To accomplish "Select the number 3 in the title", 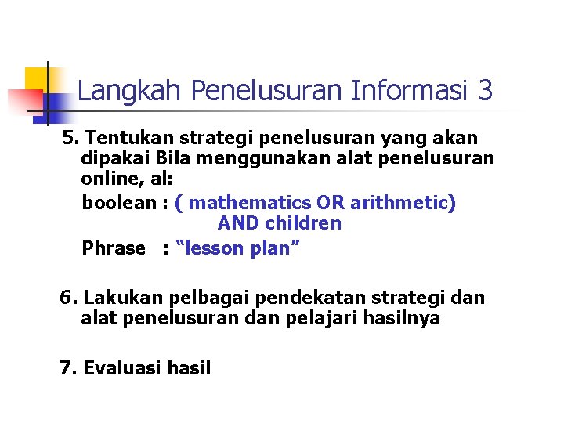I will tap(485, 92).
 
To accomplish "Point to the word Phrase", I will tap(114, 249).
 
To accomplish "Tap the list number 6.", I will tap(69, 298).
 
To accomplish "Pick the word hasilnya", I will tap(399, 319).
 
